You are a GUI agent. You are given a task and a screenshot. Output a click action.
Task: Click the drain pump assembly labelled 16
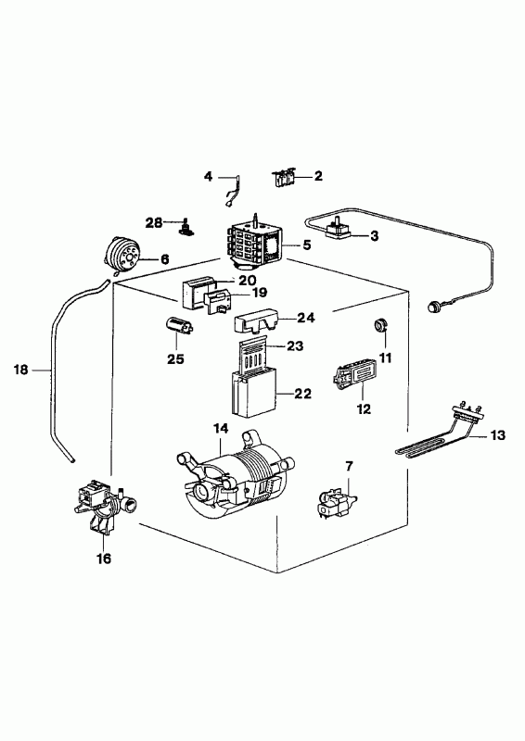103,506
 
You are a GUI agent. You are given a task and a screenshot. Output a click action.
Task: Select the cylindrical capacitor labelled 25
179,325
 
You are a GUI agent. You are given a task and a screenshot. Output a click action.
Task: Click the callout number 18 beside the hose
20,370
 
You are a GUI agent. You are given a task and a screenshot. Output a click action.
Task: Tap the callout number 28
154,223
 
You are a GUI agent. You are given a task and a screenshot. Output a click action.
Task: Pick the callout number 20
247,281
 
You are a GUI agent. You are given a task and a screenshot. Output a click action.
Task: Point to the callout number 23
294,346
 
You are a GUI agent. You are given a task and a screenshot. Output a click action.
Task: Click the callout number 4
209,177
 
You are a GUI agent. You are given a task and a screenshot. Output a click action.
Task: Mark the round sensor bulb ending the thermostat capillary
432,307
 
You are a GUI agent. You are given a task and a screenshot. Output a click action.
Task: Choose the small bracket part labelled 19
216,302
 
